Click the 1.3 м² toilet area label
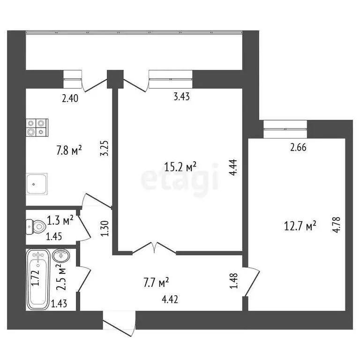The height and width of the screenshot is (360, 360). pyautogui.click(x=60, y=219)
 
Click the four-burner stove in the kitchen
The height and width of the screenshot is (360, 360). pyautogui.click(x=37, y=127)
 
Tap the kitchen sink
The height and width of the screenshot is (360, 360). pyautogui.click(x=37, y=184)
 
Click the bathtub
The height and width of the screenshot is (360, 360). pyautogui.click(x=38, y=279)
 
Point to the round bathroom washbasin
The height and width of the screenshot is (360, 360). pyautogui.click(x=61, y=256)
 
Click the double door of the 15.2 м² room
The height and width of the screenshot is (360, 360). pyautogui.click(x=154, y=248)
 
